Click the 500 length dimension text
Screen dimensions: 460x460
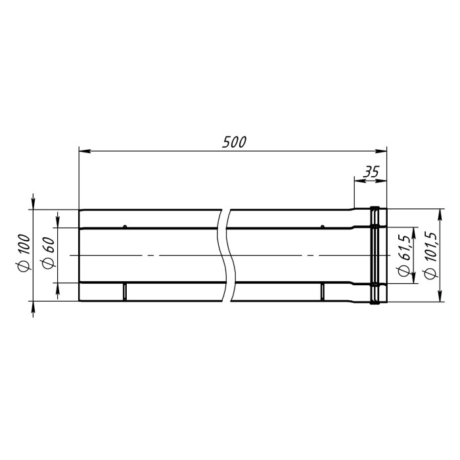click(x=234, y=142)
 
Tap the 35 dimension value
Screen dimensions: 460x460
click(x=371, y=172)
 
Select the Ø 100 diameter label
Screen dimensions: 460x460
click(x=24, y=254)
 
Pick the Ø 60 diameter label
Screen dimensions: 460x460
click(x=49, y=252)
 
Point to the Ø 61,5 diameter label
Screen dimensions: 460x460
click(x=403, y=254)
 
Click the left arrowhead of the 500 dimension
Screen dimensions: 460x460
click(x=85, y=151)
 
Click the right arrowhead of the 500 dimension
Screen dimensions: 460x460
click(x=381, y=151)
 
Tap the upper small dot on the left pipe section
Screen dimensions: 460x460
click(x=125, y=227)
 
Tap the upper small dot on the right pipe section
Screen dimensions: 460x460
click(x=323, y=227)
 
